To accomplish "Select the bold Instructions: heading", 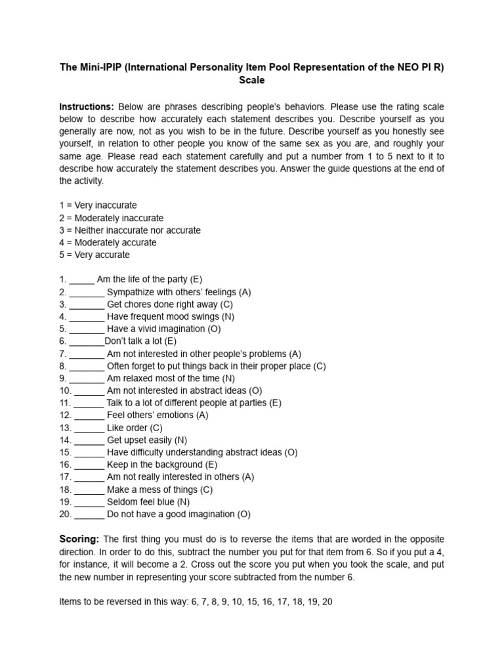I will pyautogui.click(x=87, y=106).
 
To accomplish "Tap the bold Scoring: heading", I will pyautogui.click(x=79, y=539).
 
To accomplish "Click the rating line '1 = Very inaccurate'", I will pyautogui.click(x=98, y=205).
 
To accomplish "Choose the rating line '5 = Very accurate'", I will pyautogui.click(x=94, y=255).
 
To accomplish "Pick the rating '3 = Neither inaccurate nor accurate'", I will pyautogui.click(x=130, y=230).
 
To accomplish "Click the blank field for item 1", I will pyautogui.click(x=82, y=280).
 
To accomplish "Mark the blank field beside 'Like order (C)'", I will pyautogui.click(x=89, y=428).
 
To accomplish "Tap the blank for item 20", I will pyautogui.click(x=89, y=514).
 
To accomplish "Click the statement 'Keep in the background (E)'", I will pyautogui.click(x=162, y=465).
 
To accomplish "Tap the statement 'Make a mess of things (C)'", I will pyautogui.click(x=159, y=490).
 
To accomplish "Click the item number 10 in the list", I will pyautogui.click(x=64, y=390).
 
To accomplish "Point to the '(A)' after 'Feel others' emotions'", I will pyautogui.click(x=201, y=415).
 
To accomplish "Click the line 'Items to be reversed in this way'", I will pyautogui.click(x=196, y=601).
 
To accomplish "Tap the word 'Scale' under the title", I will pyautogui.click(x=251, y=80).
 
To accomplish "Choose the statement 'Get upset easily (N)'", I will pyautogui.click(x=146, y=440).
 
